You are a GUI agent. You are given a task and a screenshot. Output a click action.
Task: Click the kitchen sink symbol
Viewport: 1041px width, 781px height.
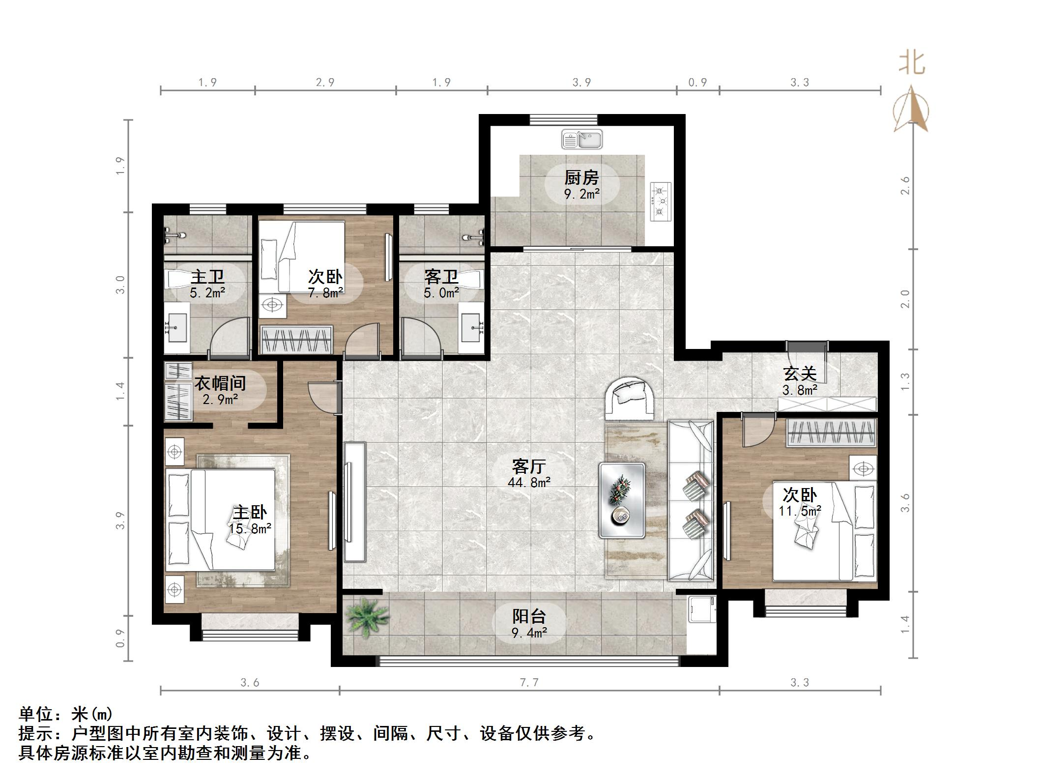click(x=582, y=140)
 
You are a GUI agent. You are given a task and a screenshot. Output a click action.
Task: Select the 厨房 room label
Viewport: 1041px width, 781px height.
click(x=581, y=177)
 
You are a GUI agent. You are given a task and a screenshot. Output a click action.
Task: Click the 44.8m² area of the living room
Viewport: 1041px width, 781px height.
click(x=529, y=483)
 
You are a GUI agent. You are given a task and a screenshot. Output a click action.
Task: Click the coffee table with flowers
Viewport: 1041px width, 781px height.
click(x=622, y=500)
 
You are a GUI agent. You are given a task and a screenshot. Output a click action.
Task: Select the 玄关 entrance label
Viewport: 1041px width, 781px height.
click(x=800, y=374)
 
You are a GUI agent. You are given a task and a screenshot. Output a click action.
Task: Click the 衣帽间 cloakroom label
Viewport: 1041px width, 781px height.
click(x=220, y=383)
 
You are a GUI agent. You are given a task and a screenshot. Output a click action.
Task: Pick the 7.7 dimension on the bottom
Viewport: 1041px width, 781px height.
click(x=529, y=683)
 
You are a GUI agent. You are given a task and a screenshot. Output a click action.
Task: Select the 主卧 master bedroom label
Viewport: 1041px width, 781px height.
click(x=250, y=513)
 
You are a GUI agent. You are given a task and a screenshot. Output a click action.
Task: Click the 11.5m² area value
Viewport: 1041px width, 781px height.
click(x=800, y=511)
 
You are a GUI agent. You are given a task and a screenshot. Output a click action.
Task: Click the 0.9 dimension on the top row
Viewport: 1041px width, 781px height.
click(x=697, y=82)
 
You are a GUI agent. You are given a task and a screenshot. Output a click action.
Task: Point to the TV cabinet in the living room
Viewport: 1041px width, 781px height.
click(x=355, y=502)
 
